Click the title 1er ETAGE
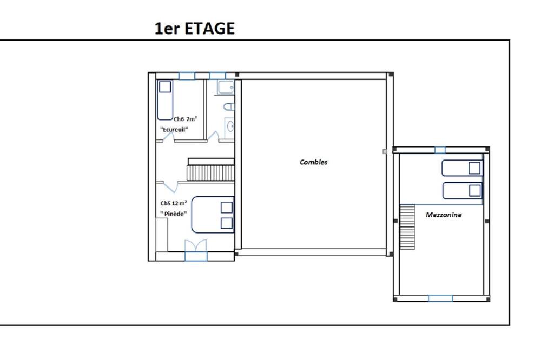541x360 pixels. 195,28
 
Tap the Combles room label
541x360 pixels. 313,162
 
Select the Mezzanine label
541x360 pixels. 444,215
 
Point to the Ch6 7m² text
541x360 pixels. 185,119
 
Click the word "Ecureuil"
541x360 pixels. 174,129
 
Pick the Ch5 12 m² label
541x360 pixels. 174,203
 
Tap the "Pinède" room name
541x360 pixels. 174,214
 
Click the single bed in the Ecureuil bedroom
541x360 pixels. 165,100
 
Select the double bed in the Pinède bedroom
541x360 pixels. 213,215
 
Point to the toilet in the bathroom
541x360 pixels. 229,106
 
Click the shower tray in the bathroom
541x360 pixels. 226,87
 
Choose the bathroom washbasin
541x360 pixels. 230,126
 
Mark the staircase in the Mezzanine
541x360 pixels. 407,226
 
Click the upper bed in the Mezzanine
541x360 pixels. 462,168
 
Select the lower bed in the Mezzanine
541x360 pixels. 462,191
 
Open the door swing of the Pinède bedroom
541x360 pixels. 170,186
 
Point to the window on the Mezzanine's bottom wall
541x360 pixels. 440,298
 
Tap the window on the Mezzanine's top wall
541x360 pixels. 440,150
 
